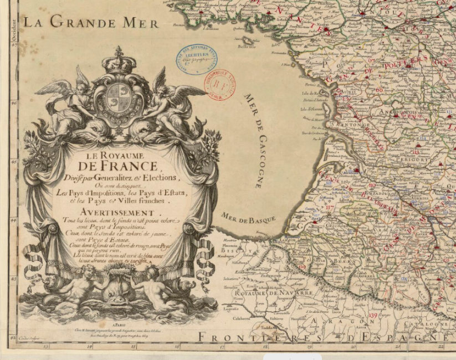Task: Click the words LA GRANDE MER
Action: [x=90, y=23]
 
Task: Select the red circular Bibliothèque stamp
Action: [x=219, y=84]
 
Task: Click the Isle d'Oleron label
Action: [x=311, y=109]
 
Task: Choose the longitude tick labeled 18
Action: [x=265, y=347]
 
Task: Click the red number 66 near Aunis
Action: [x=379, y=90]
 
